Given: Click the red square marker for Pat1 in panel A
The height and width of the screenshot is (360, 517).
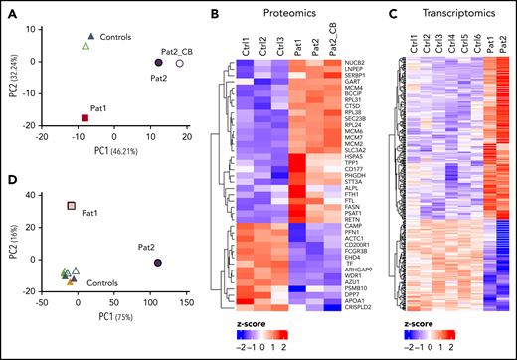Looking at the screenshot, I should coord(85,118).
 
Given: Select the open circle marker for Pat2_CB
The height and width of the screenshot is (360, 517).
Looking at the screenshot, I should coord(179,63).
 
